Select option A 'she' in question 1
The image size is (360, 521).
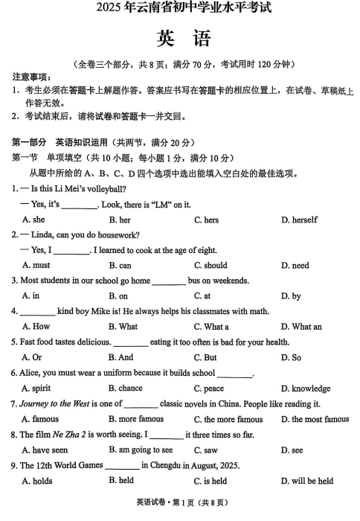(33, 220)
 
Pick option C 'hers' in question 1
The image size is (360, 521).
(206, 220)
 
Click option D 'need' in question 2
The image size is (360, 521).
(295, 265)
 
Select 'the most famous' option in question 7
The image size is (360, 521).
(315, 419)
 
